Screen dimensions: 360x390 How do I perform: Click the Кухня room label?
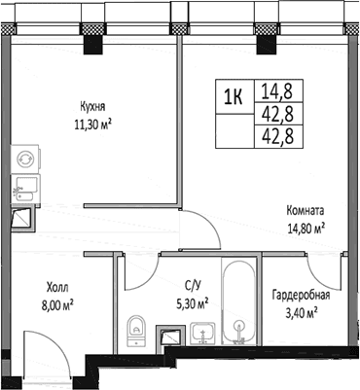[x=92, y=107]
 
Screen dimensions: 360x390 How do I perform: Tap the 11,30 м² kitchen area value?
[x=93, y=124]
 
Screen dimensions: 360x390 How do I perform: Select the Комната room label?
[x=306, y=211]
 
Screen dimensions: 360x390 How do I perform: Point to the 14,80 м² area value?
[x=306, y=229]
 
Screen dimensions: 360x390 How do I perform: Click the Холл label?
[x=57, y=287]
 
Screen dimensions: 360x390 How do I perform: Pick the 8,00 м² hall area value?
[x=57, y=305]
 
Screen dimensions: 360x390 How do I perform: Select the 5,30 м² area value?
[x=192, y=303]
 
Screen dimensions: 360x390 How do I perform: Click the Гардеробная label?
[x=301, y=296]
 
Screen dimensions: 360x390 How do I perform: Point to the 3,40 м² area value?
[x=301, y=313]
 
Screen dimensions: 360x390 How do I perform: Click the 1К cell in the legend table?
[x=234, y=96]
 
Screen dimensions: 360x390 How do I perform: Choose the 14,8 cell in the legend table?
[x=278, y=91]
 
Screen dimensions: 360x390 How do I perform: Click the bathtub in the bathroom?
[x=240, y=301]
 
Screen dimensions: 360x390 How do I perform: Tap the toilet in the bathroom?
[x=136, y=330]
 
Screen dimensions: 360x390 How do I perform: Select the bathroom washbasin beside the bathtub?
[x=202, y=333]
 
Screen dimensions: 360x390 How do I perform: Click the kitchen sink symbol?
[x=25, y=189]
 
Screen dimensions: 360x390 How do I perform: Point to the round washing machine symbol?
[x=25, y=160]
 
